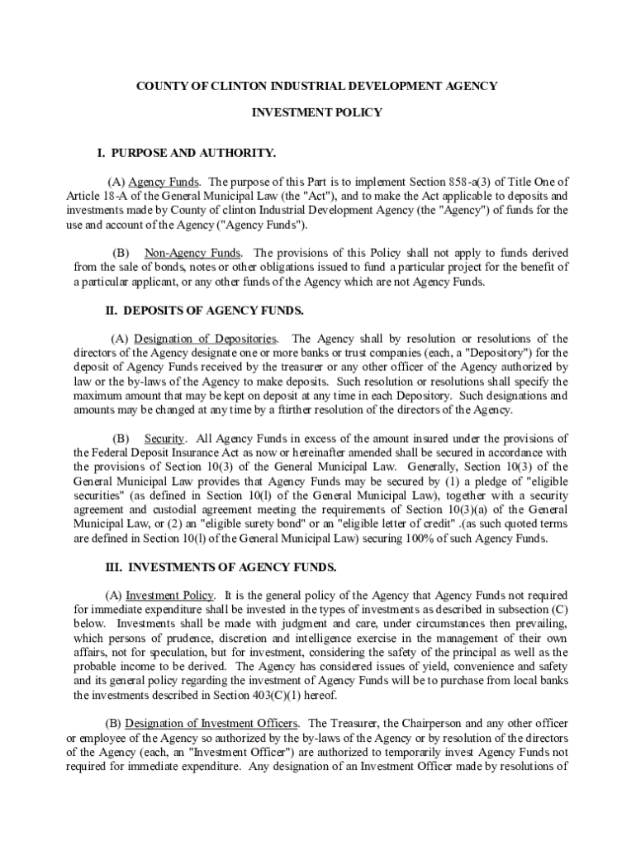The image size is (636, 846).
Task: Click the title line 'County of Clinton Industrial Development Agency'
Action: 316,85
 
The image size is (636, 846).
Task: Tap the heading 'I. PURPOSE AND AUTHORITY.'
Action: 187,154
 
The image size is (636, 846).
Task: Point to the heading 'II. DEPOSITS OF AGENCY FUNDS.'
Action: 204,311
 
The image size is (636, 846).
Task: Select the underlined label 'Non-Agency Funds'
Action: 192,252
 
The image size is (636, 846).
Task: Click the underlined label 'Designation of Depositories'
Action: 206,339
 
